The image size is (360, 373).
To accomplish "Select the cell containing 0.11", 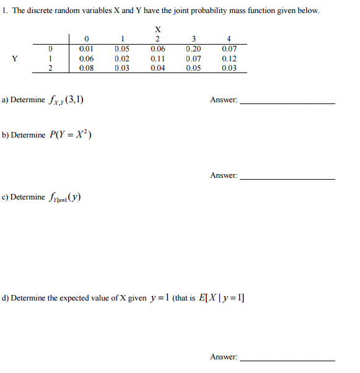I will pos(158,59).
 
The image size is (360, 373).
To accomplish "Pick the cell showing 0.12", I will pos(229,59).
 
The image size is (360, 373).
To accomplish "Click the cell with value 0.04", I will pos(158,68).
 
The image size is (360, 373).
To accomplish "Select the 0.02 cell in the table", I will pos(122,59).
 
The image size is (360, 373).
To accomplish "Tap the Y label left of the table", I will pos(14,59).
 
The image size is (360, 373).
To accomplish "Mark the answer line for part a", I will pos(287,102).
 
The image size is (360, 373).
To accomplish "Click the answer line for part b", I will pos(287,178).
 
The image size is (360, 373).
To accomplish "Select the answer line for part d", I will pos(287,359).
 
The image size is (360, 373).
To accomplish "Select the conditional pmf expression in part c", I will pos(64,198).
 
